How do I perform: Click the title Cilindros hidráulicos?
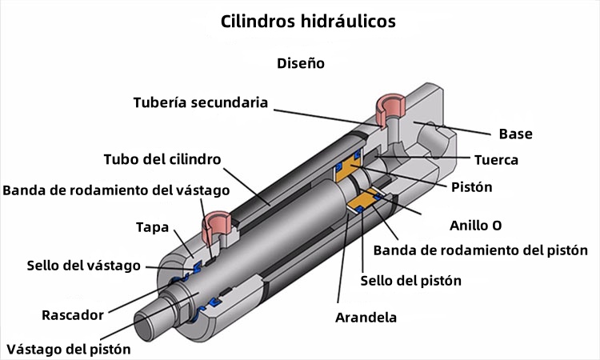[x=308, y=22]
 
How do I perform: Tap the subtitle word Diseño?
[x=301, y=63]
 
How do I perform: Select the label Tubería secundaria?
[x=200, y=103]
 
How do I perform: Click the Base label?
[x=515, y=134]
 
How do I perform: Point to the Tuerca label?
[x=496, y=160]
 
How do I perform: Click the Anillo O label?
[x=475, y=225]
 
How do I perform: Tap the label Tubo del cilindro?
[x=162, y=159]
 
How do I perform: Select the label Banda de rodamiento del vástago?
[x=116, y=190]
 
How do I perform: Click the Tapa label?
[x=152, y=227]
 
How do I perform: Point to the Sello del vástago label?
[x=83, y=265]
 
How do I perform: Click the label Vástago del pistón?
[x=68, y=349]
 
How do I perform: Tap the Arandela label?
[x=366, y=317]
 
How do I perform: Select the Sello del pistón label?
[x=410, y=281]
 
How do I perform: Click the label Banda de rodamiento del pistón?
[x=481, y=250]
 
